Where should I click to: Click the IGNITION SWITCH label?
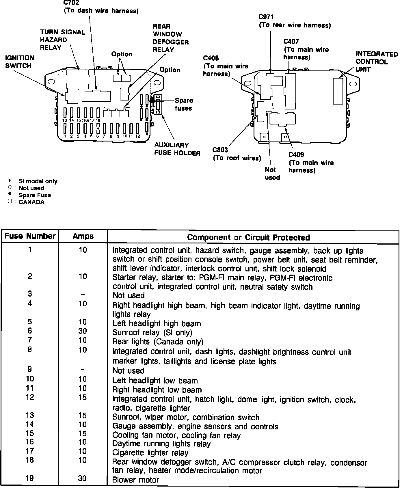tap(20, 62)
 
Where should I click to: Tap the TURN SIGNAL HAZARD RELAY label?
tap(62, 40)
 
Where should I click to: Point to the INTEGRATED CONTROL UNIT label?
tap(377, 62)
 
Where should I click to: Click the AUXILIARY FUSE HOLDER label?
tap(177, 149)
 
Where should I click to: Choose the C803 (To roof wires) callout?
tap(237, 154)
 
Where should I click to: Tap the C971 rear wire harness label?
tap(295, 21)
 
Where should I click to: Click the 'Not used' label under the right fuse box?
tap(272, 174)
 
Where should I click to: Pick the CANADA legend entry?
tap(31, 202)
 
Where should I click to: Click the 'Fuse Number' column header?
tap(30, 236)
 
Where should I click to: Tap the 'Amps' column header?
tap(83, 236)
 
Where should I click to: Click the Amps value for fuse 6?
tap(83, 331)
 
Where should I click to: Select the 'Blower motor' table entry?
tap(135, 480)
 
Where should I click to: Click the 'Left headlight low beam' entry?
tap(155, 381)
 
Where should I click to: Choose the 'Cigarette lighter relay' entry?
tap(150, 453)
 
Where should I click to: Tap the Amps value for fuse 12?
tap(83, 397)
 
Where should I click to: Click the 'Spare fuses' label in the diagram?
tap(184, 104)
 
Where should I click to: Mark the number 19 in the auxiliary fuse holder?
tap(158, 111)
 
